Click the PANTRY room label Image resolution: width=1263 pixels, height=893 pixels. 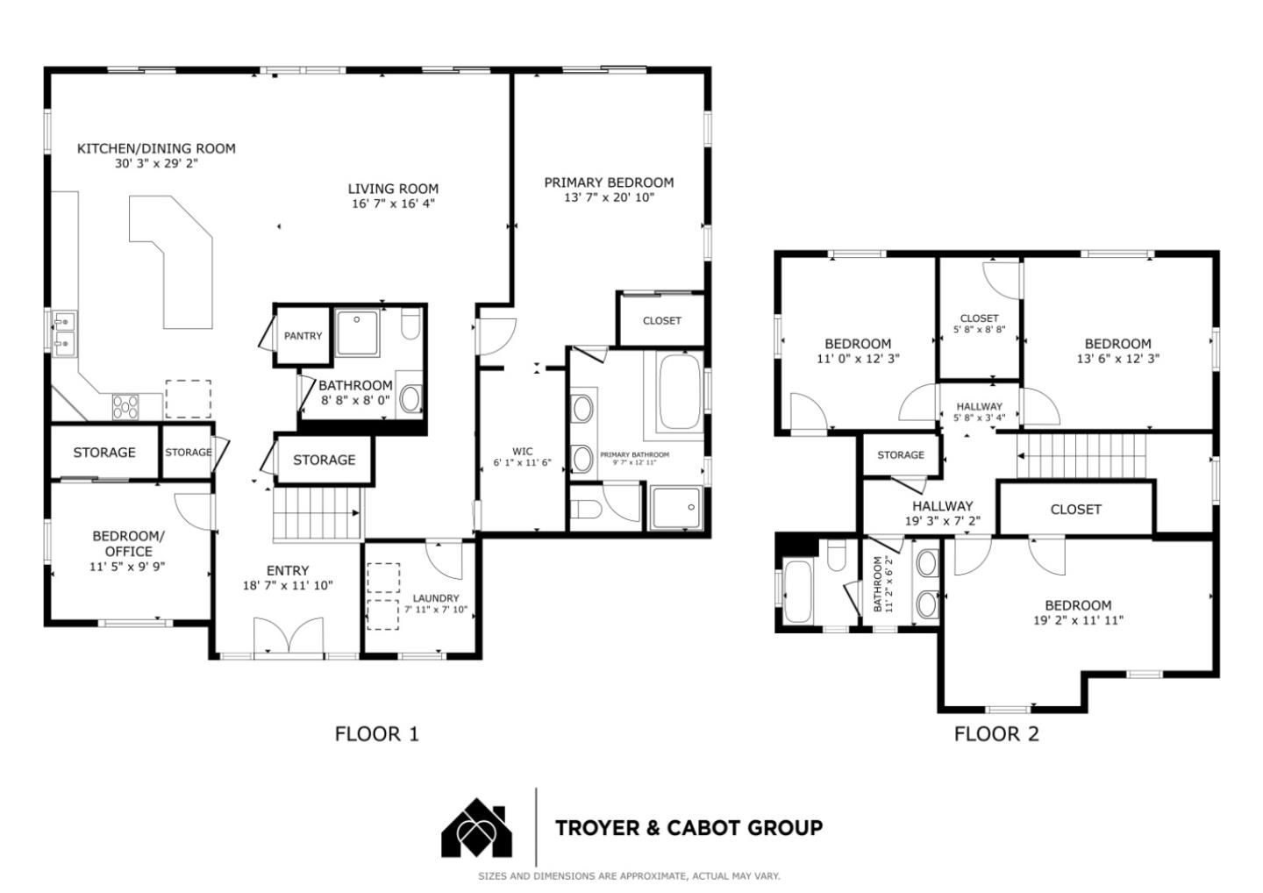coord(303,336)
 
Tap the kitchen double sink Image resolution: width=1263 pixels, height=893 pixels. coord(64,332)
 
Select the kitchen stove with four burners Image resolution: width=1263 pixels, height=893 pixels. coord(125,406)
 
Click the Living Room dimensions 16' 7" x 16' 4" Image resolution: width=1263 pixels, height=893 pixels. coord(394,204)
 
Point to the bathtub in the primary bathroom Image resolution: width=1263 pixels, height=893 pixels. coord(681,390)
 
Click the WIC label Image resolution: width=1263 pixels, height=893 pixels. coord(522,452)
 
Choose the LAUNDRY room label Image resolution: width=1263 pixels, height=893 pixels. coord(436,598)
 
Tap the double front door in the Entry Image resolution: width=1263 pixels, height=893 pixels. coord(289,637)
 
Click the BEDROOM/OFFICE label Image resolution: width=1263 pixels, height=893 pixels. coord(129,544)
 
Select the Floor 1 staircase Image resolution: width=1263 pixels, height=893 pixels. coord(318,513)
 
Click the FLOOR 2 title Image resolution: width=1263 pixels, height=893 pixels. coord(996,734)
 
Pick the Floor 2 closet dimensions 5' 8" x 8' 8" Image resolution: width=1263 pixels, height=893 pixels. coord(980,329)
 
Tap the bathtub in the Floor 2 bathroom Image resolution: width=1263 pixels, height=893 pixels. coord(798,591)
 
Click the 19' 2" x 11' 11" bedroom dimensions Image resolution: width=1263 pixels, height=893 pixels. coord(1078,621)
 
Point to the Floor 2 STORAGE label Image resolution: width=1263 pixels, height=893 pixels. coord(901,455)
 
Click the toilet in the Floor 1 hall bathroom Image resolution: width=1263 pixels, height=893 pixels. coord(410,323)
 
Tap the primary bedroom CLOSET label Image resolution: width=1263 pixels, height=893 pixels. coord(662,321)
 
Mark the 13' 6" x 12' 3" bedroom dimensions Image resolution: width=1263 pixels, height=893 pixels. coord(1118,359)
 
